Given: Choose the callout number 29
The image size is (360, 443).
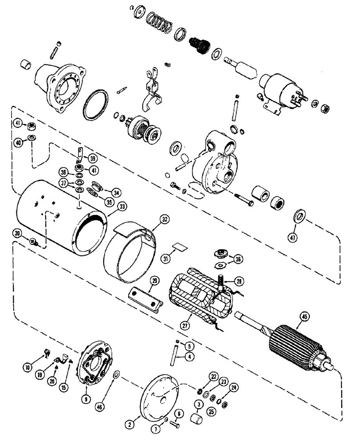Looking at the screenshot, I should pyautogui.click(x=154, y=281).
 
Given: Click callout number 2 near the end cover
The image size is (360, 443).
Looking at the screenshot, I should pyautogui.click(x=129, y=424).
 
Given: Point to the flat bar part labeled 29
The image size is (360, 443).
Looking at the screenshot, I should pyautogui.click(x=142, y=299).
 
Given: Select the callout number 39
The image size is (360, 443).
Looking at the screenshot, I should pyautogui.click(x=92, y=159).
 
